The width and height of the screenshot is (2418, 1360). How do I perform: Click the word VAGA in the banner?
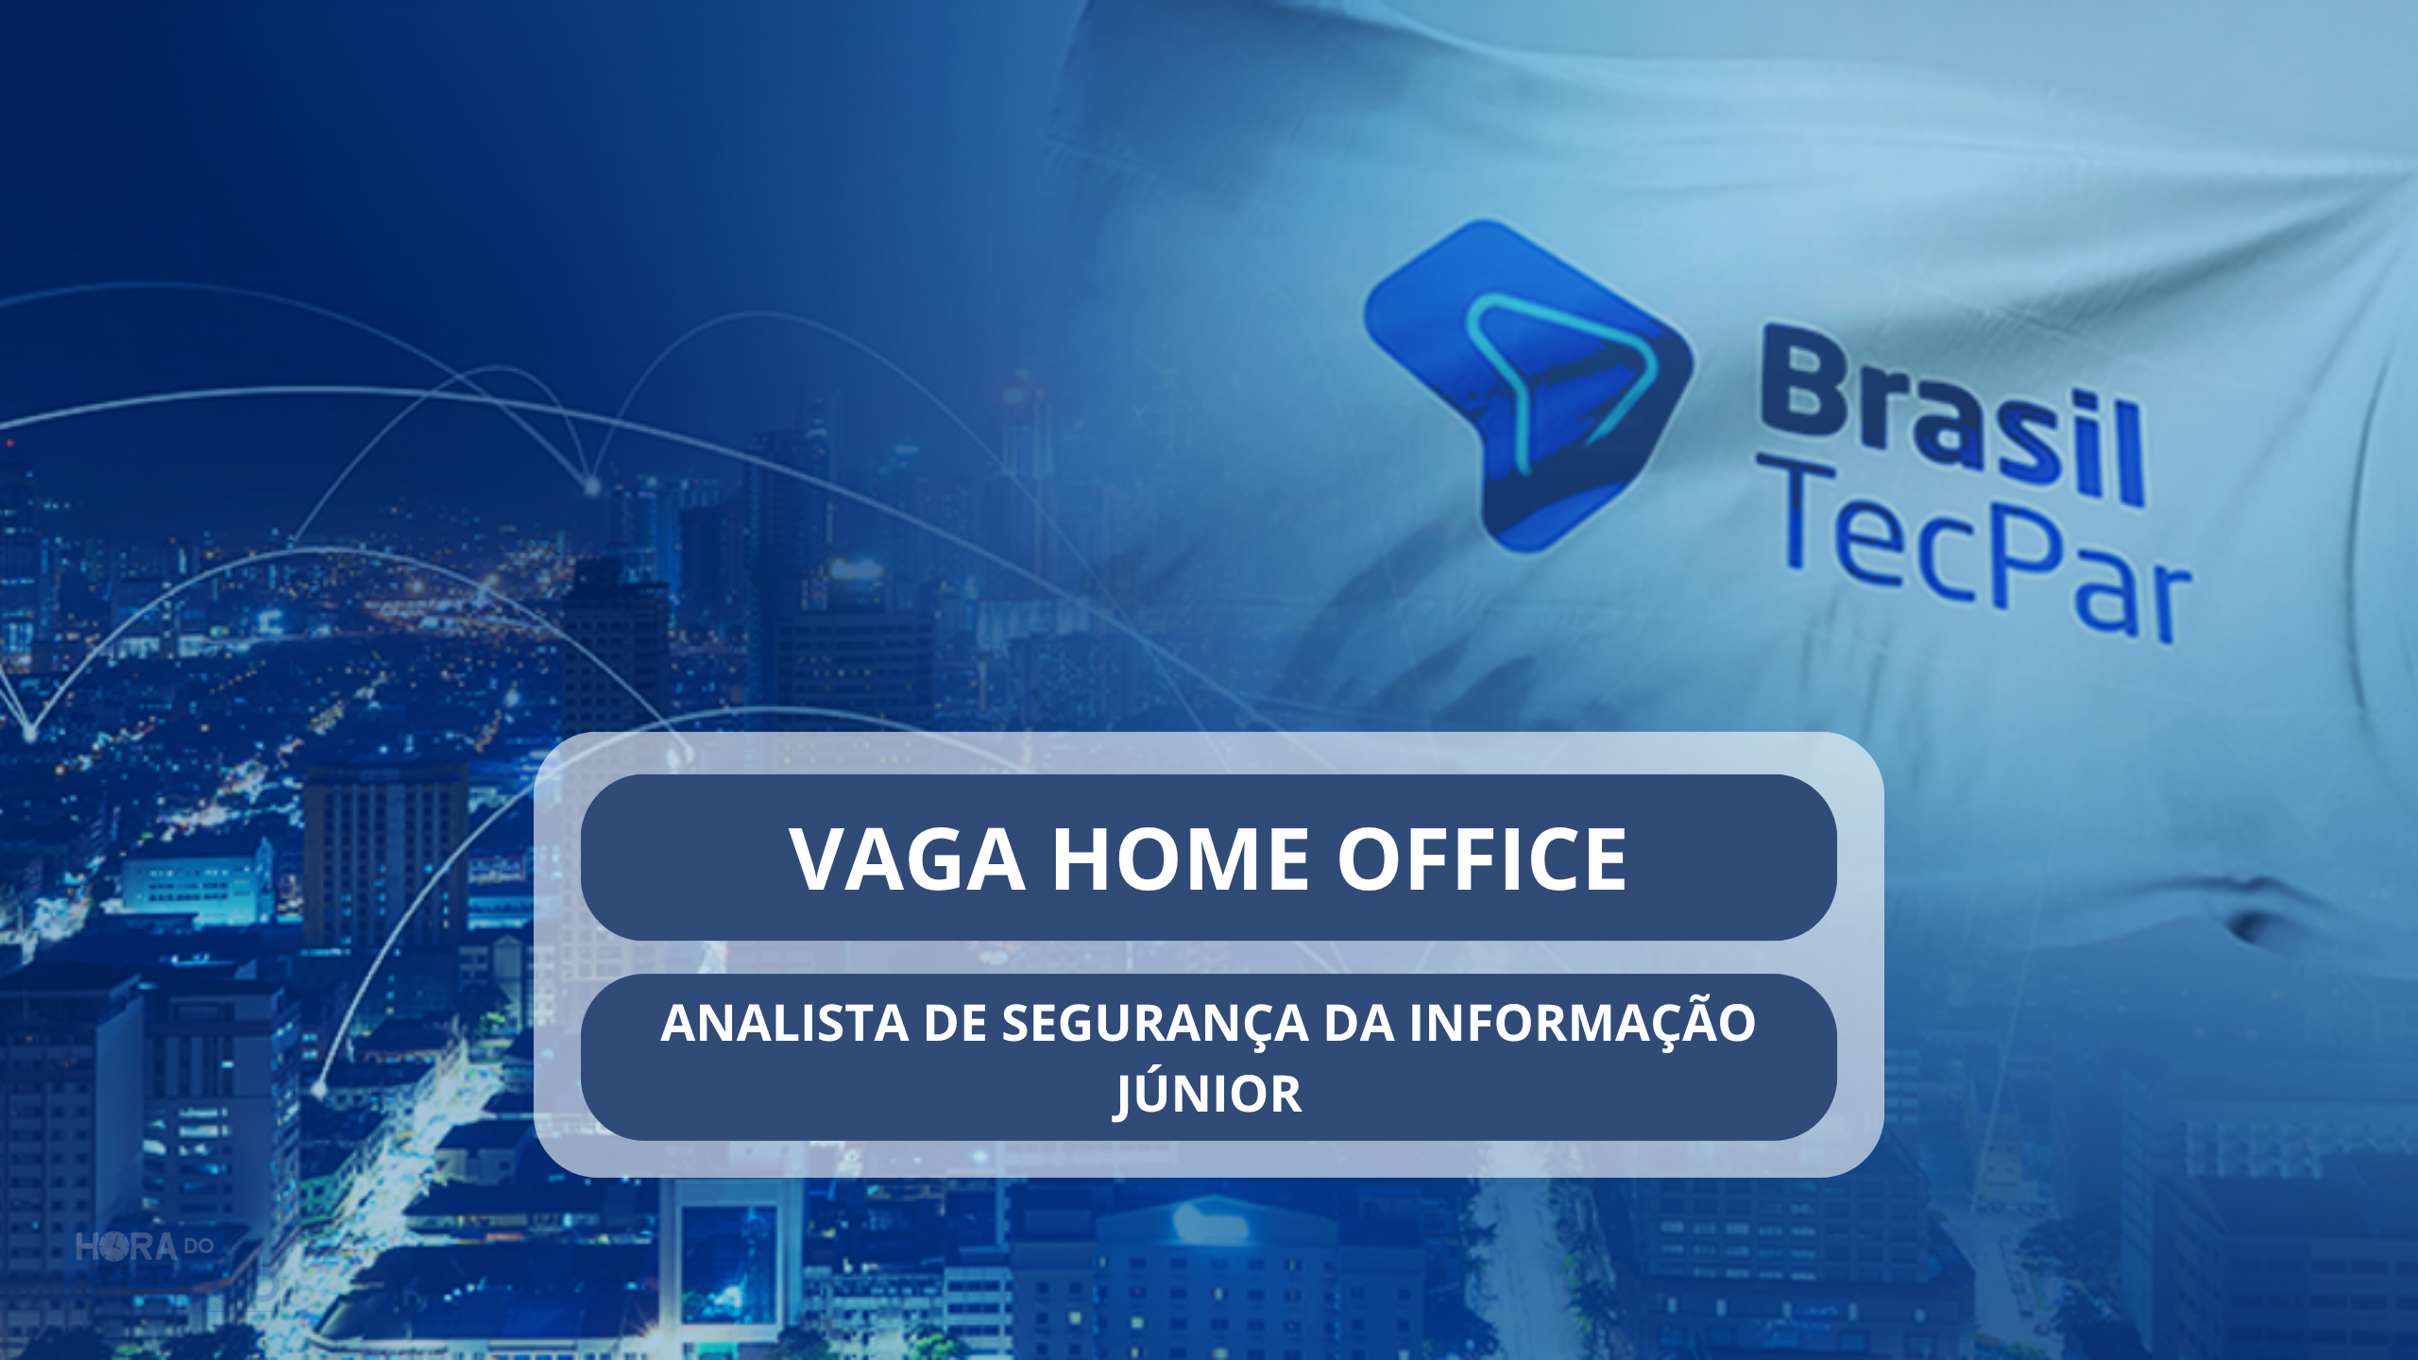pyautogui.click(x=908, y=858)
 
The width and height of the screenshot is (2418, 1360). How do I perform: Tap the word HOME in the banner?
pyautogui.click(x=1181, y=858)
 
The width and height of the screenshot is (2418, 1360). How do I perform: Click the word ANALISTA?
pyautogui.click(x=784, y=1023)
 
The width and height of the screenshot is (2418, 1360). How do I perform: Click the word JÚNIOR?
pyautogui.click(x=1208, y=1094)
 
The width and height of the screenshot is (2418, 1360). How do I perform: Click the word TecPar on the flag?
pyautogui.click(x=1984, y=557)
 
